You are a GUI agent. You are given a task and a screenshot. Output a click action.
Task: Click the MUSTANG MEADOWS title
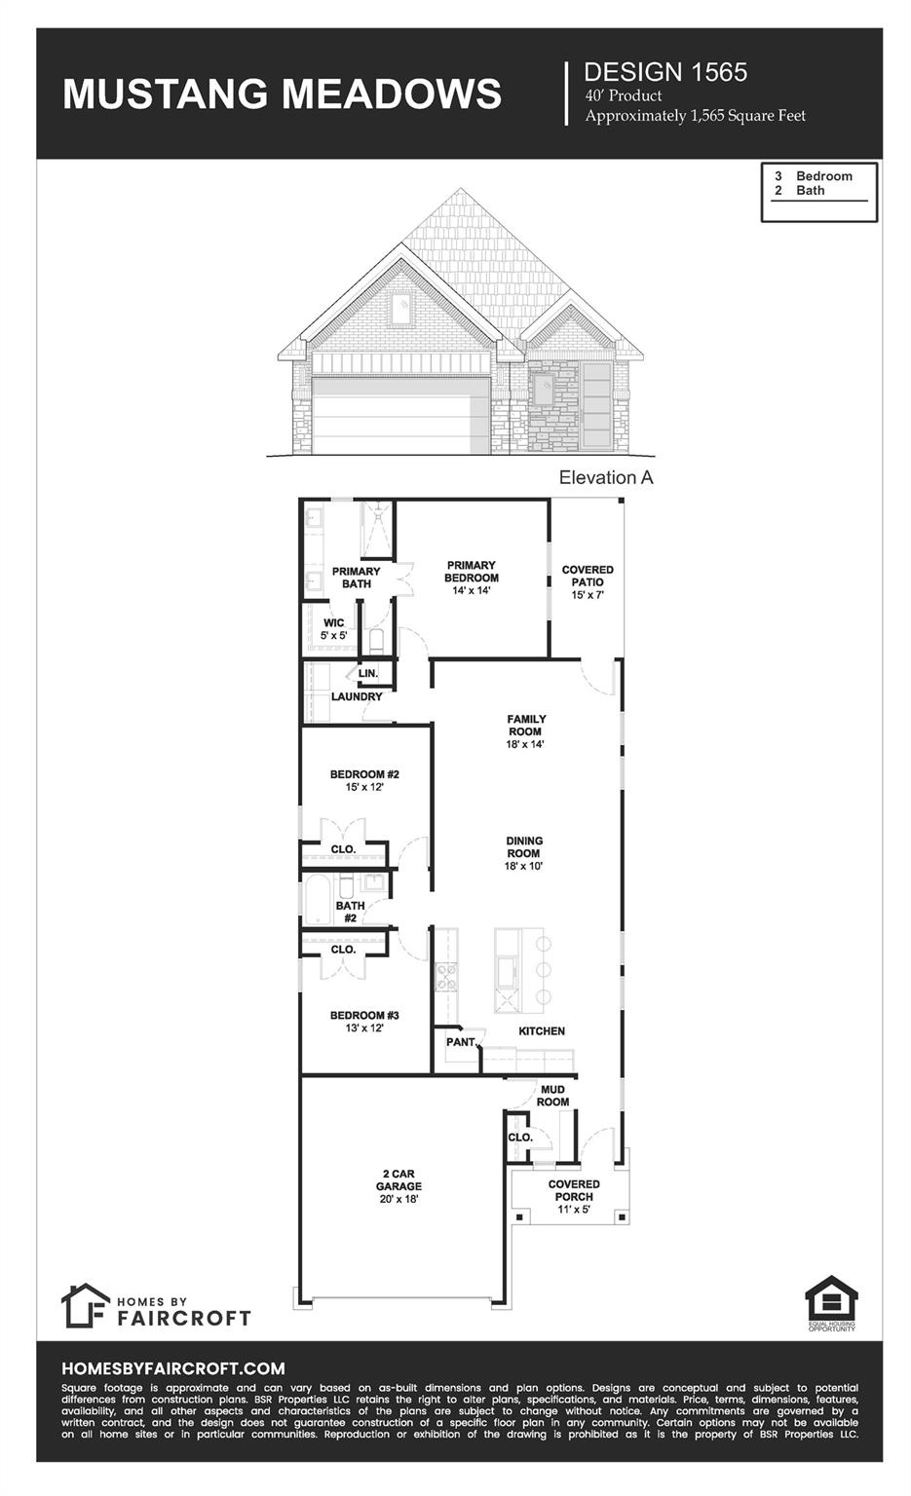coord(282,94)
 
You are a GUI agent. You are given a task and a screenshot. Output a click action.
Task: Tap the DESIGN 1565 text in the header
coord(664,72)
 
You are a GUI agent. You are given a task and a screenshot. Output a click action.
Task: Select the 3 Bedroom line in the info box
coord(814,176)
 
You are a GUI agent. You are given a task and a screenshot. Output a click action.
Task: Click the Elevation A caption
coord(605,477)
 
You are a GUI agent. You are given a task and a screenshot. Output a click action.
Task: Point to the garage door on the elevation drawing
coord(399,415)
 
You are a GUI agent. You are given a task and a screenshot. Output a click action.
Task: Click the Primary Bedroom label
coord(471,578)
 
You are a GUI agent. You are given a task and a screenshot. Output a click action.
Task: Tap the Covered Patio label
coord(588,581)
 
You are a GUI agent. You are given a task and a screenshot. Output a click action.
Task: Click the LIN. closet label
coord(367,674)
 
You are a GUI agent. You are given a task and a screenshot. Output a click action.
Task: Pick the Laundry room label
coord(357,697)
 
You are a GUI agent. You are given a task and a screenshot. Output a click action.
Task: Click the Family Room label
coord(525,731)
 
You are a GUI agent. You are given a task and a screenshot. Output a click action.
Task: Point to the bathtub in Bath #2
coord(318,902)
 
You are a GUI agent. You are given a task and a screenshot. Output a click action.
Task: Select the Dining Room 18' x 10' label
coord(523,853)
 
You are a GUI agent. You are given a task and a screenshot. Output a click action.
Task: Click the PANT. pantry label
coord(461,1042)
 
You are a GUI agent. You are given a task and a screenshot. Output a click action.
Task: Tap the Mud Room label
coord(552,1096)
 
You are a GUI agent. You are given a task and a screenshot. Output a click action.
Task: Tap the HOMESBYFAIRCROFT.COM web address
coord(172,1368)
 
